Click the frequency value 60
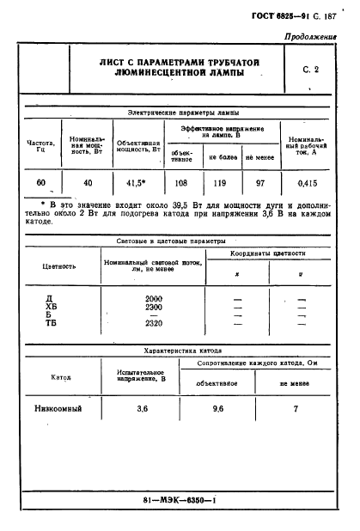pyautogui.click(x=40, y=183)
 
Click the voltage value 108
pyautogui.click(x=182, y=183)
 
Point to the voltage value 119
pyautogui.click(x=221, y=183)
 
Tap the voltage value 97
pyautogui.click(x=259, y=183)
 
